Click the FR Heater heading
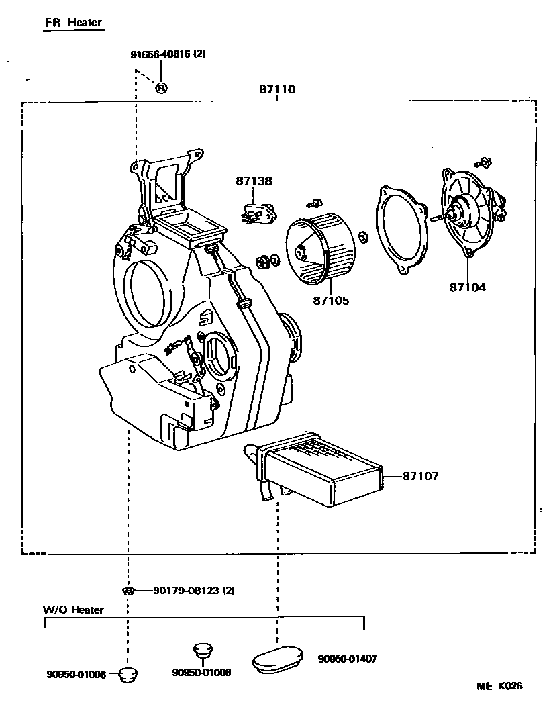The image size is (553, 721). click(x=73, y=23)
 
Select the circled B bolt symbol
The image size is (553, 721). click(x=162, y=87)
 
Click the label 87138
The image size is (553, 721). click(x=254, y=181)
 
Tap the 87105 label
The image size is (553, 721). click(x=331, y=301)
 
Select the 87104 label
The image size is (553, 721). click(x=468, y=287)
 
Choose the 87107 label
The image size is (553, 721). click(x=421, y=476)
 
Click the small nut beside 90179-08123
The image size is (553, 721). click(x=129, y=591)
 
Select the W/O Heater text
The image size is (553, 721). click(x=74, y=610)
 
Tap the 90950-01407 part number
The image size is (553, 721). click(x=347, y=659)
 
